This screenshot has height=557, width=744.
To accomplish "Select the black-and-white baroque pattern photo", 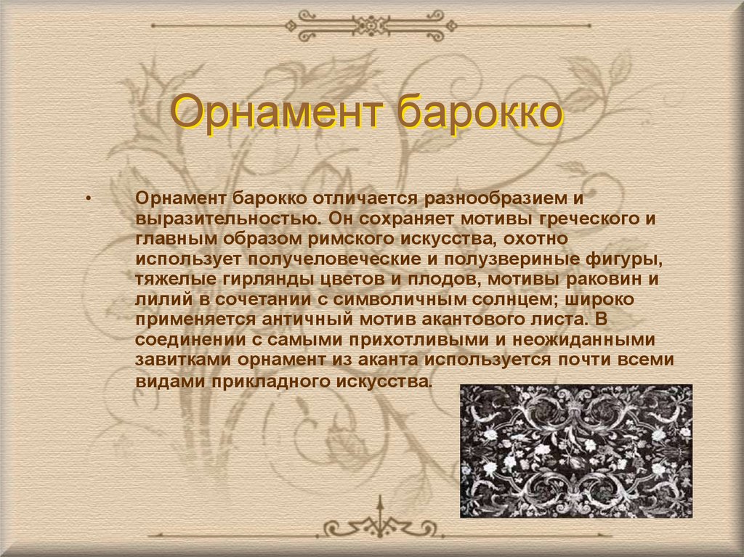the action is (x=576, y=451).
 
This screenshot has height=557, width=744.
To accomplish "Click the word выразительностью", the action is (x=227, y=219).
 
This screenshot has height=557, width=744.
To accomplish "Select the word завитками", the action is (x=182, y=359).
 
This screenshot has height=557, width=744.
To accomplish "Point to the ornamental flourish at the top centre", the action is (x=371, y=25).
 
